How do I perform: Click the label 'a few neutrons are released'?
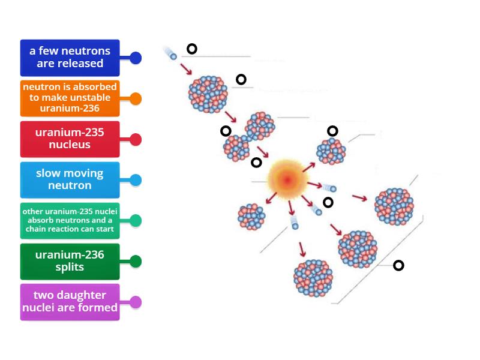[70, 58]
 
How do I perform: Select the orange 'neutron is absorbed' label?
[70, 98]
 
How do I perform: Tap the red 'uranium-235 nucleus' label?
[70, 139]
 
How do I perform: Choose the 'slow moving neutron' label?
[70, 180]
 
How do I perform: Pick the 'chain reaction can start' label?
[70, 221]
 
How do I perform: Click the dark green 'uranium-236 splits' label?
[70, 262]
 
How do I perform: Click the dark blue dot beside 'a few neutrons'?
[136, 58]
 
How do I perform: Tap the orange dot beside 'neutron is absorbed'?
[136, 98]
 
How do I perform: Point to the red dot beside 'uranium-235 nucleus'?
[136, 139]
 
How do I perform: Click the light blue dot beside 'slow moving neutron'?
[136, 180]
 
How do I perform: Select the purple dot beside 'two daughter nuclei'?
[136, 302]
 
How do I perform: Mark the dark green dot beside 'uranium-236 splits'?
[136, 262]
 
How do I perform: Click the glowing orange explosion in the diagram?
[287, 179]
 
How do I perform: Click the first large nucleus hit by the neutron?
[208, 94]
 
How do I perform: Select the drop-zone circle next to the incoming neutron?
[191, 49]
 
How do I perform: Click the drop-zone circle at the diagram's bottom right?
[398, 265]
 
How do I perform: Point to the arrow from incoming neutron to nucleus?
[186, 68]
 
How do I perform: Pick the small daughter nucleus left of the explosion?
[251, 216]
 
